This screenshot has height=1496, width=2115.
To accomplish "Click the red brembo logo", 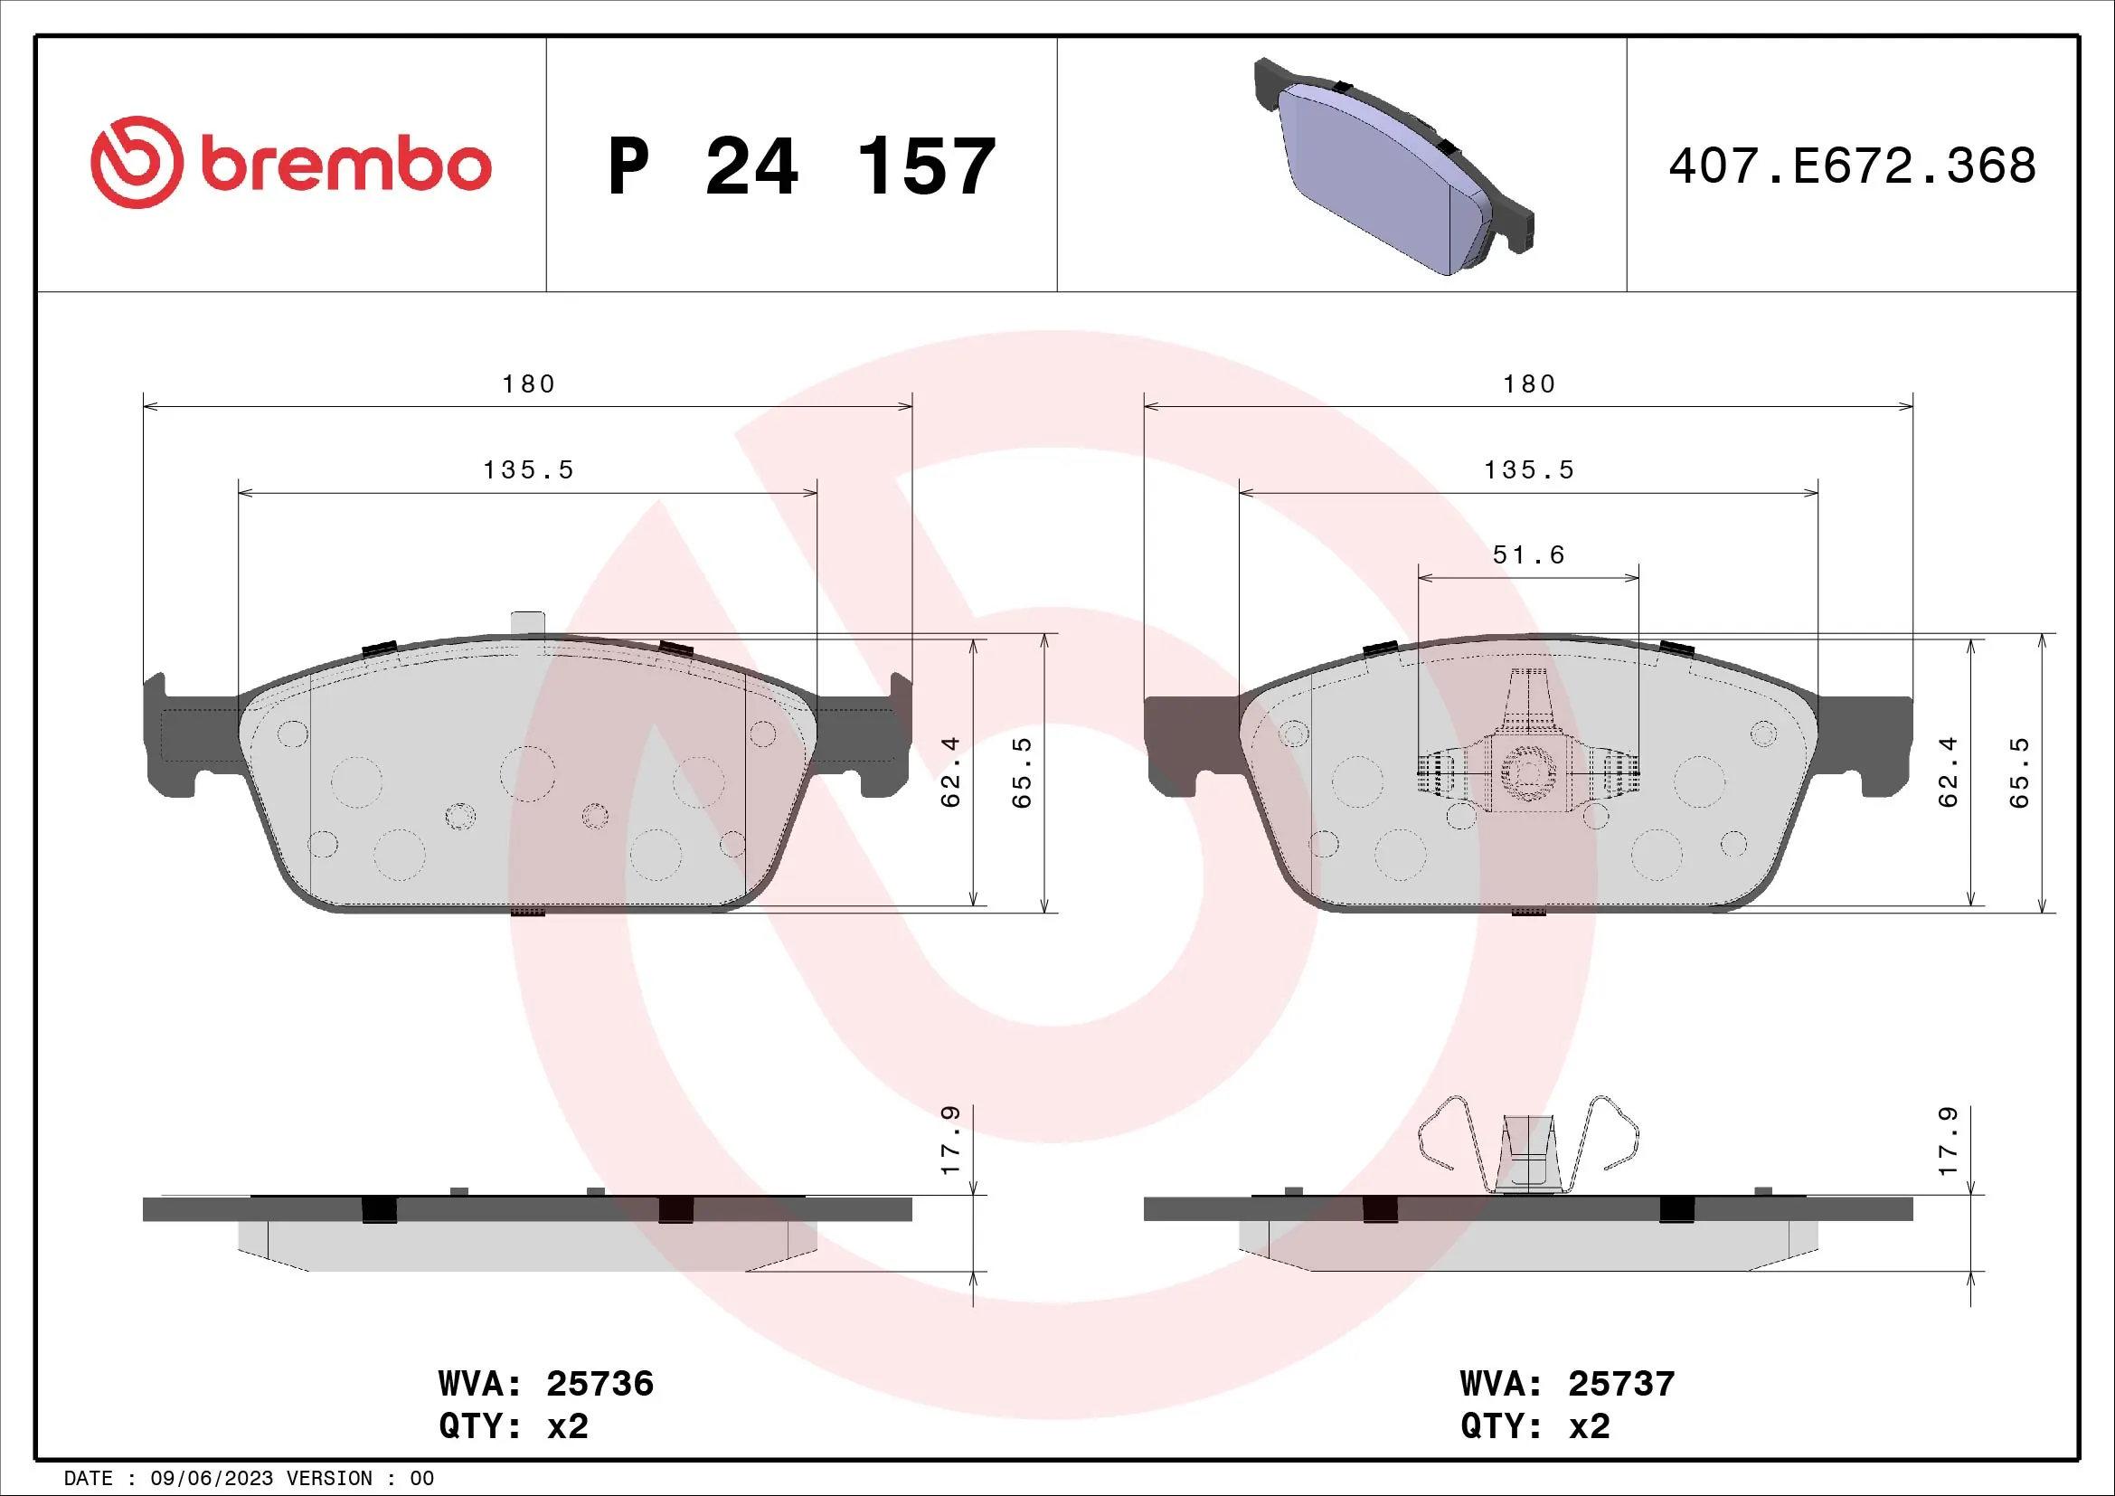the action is tap(290, 164).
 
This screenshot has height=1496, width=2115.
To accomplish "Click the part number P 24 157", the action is tap(801, 166).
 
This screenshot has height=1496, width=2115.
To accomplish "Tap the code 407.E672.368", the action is tap(1852, 166).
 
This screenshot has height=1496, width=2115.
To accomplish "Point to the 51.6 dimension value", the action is tap(1528, 554).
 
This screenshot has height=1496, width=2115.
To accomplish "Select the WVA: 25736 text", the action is tap(545, 1384).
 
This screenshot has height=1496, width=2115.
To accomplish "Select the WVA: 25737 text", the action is tap(1567, 1384).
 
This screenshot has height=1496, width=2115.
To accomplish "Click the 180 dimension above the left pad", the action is tap(528, 384).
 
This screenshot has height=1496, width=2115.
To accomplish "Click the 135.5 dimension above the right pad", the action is tap(1528, 469).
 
